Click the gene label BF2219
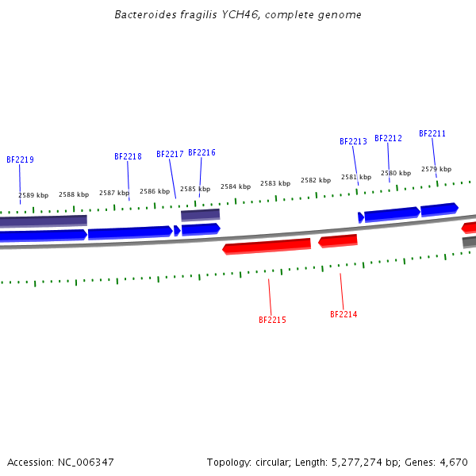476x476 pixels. point(20,159)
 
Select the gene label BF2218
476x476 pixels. point(128,157)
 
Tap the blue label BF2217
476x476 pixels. point(170,155)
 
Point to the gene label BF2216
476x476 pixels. point(202,153)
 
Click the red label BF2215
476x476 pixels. point(272,321)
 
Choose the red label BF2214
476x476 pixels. point(344,315)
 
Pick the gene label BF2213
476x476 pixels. point(353,142)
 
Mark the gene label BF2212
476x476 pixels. point(388,138)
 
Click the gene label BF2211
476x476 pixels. point(432,134)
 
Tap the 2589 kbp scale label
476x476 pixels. point(33,195)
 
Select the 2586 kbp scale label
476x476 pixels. point(155,191)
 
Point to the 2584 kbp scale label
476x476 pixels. point(236,186)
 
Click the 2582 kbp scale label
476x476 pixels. point(315,180)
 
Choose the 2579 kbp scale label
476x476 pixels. point(436,169)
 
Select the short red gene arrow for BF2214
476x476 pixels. point(338,240)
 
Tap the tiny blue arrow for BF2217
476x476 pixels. point(177,231)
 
